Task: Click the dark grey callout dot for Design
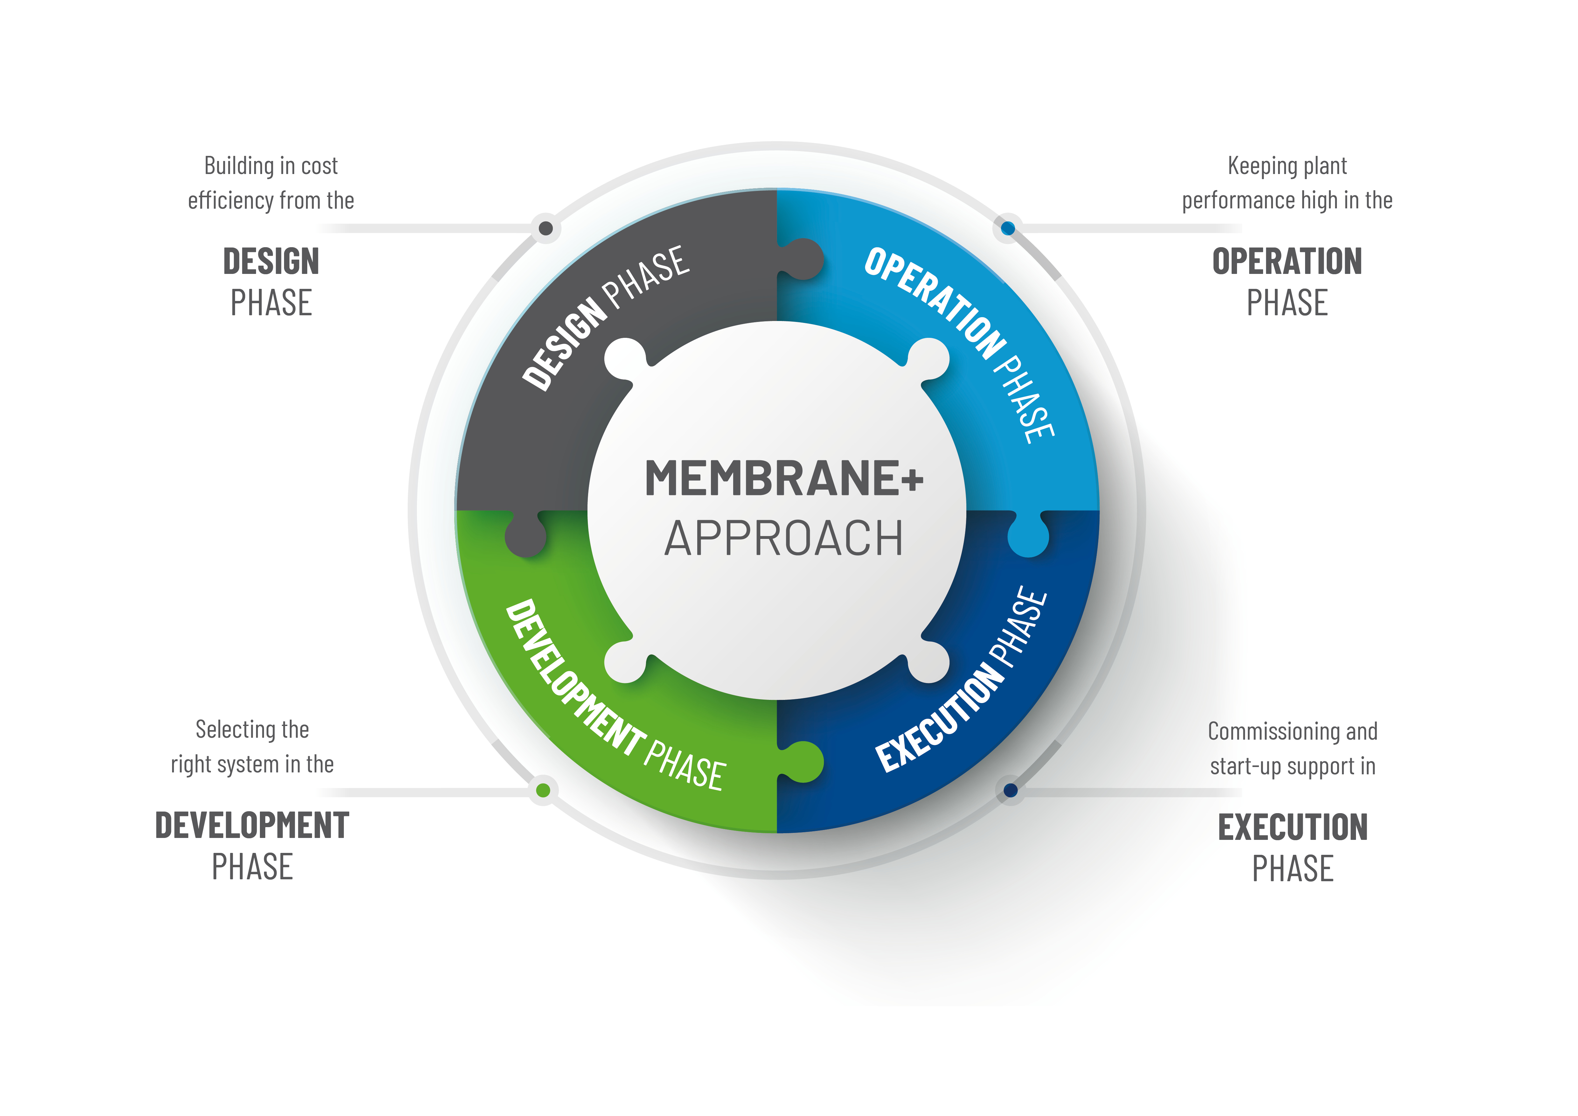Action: coord(546,228)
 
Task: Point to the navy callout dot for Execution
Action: coord(1010,790)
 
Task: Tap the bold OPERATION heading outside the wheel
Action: coord(1287,262)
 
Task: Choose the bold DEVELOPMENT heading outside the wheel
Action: coord(252,825)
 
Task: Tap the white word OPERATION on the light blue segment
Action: coord(935,302)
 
